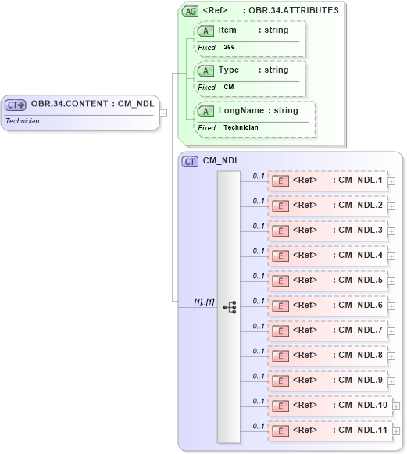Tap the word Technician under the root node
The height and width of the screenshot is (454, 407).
coord(23,121)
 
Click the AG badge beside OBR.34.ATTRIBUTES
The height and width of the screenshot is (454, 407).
coord(189,11)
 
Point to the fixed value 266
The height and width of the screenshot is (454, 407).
coord(229,48)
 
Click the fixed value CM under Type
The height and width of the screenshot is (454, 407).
coord(229,88)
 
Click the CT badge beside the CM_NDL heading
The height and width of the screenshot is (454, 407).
coord(190,161)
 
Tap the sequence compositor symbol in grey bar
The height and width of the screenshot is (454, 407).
coord(229,307)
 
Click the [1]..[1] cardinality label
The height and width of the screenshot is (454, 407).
coord(205,302)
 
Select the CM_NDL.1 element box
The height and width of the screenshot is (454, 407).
coord(328,181)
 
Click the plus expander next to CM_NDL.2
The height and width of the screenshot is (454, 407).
coord(391,206)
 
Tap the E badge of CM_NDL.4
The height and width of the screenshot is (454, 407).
coord(280,256)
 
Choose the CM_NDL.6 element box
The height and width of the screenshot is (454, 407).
coord(328,306)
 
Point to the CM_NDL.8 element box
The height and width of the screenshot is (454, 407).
coord(328,356)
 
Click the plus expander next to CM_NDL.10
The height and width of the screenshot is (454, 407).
coord(396,406)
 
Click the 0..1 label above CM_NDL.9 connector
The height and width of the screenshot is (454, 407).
coord(258,376)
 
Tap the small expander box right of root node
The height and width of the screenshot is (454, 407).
coord(163,113)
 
